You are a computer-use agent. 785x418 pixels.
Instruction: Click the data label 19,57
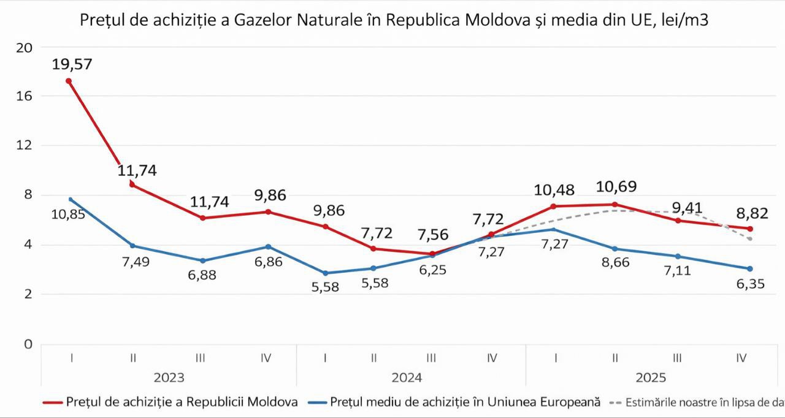click(x=72, y=64)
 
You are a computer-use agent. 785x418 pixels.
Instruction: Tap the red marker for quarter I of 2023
click(x=69, y=81)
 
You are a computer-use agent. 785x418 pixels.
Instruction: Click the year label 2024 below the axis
click(x=407, y=378)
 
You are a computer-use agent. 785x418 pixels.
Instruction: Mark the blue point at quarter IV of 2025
click(x=750, y=268)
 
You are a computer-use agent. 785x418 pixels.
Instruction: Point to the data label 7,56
click(x=432, y=235)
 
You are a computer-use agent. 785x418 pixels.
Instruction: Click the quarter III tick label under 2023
click(x=200, y=359)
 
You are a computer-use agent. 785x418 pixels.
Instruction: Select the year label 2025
click(x=650, y=378)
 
